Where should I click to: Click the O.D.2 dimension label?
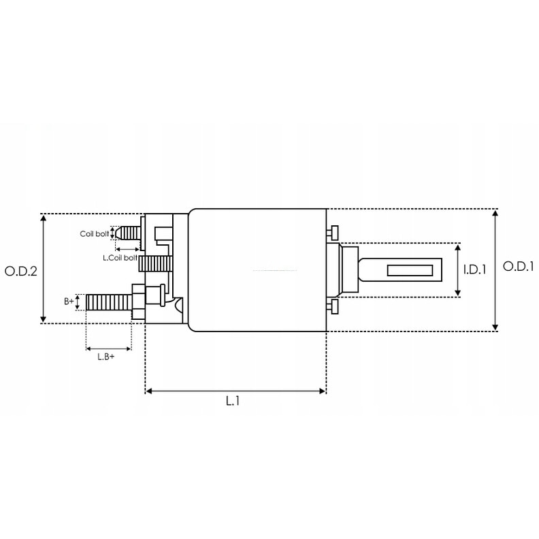(x=21, y=272)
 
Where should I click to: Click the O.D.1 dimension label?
(x=519, y=266)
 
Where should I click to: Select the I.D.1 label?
(x=475, y=270)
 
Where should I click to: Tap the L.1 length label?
(x=233, y=400)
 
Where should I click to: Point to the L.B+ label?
(x=106, y=357)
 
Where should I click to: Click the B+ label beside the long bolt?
(x=69, y=301)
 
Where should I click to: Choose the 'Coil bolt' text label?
(x=95, y=233)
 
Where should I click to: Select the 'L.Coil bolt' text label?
(x=120, y=257)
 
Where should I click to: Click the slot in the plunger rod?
(x=410, y=270)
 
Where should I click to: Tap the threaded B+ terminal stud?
(x=109, y=302)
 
